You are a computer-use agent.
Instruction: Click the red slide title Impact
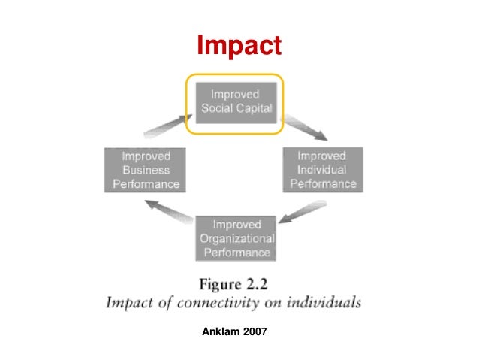point(239,47)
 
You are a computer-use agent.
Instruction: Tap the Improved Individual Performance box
point(322,169)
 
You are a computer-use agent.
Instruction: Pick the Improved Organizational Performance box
point(236,237)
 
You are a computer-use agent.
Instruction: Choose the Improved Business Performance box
point(146,169)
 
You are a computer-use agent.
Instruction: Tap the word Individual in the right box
point(322,169)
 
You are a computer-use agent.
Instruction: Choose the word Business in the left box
point(146,170)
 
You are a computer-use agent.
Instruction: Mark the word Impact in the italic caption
point(130,303)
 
